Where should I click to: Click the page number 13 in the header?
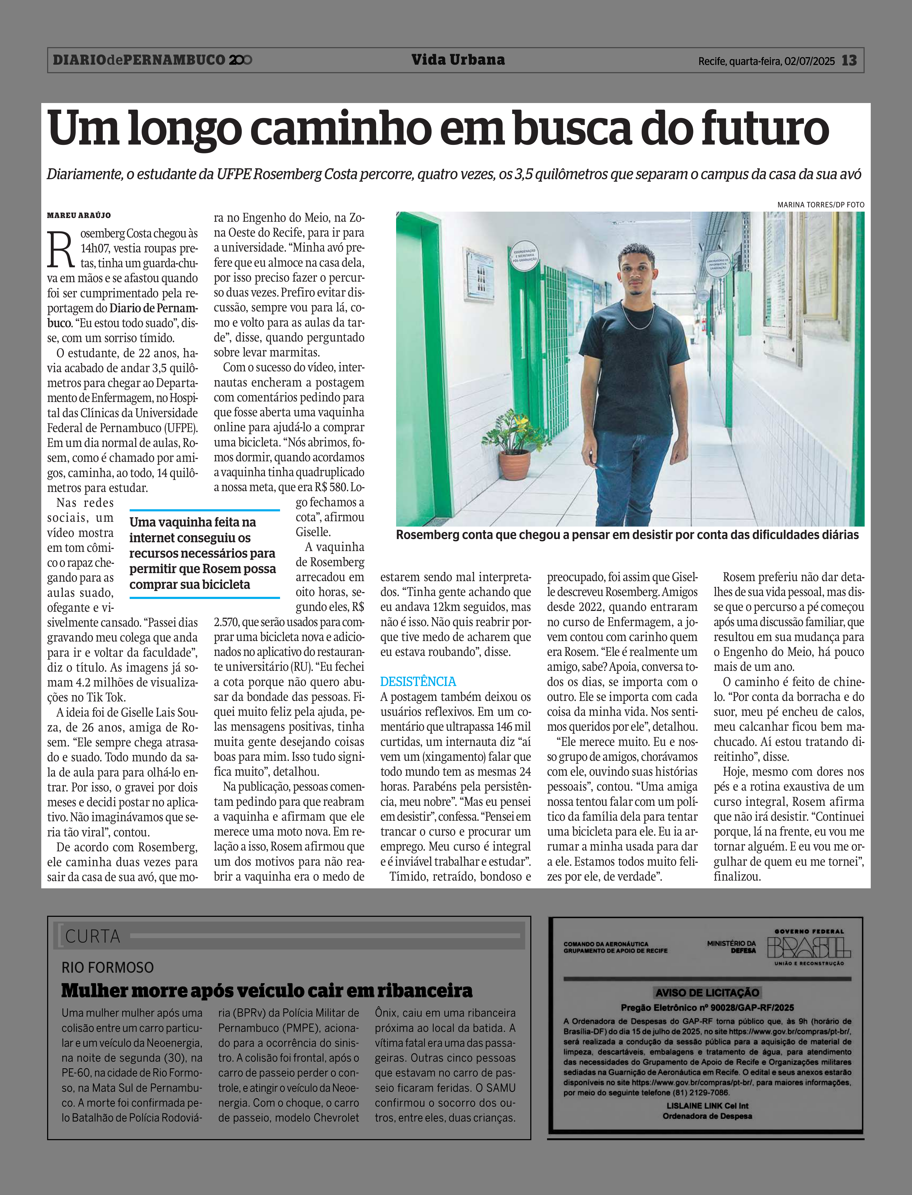[x=849, y=60]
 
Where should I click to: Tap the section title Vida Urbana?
[x=458, y=60]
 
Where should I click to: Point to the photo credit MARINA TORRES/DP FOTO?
[x=820, y=205]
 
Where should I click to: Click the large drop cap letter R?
[x=60, y=250]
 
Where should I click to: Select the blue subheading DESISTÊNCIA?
[x=418, y=681]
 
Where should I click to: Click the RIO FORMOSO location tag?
[x=108, y=967]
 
